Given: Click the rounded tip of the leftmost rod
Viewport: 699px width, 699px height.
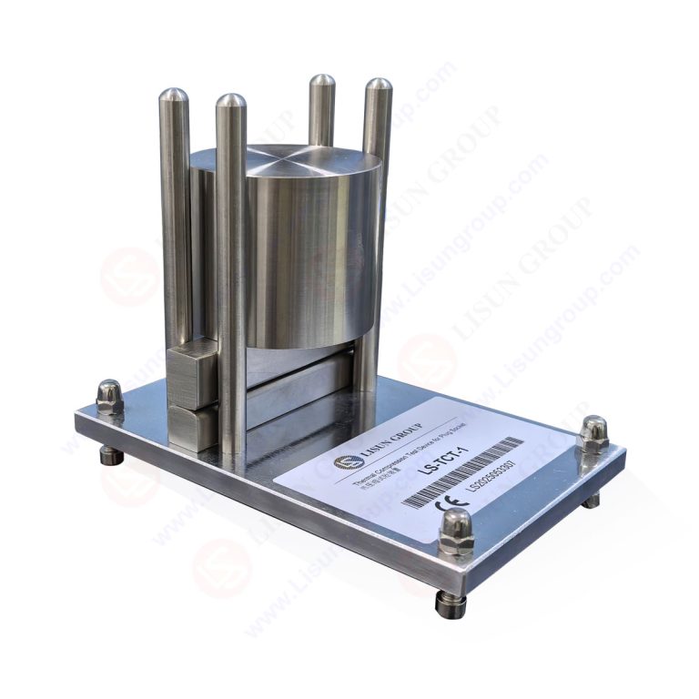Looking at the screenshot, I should (x=173, y=96).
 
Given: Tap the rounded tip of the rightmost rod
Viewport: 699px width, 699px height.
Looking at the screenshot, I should (x=378, y=87).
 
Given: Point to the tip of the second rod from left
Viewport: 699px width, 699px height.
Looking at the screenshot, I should (x=230, y=102).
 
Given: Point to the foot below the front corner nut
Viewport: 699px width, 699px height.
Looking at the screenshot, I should (x=450, y=602).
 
